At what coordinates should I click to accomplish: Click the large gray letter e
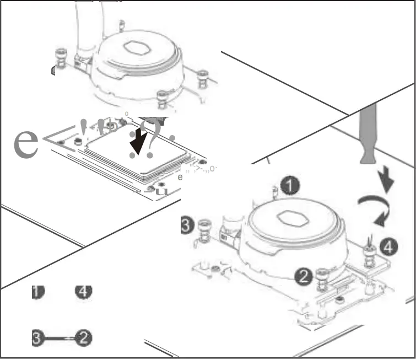click(26, 142)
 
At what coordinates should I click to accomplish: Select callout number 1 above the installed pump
click(289, 186)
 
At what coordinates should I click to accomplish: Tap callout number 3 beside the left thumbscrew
click(187, 225)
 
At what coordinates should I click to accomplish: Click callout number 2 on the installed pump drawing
click(303, 275)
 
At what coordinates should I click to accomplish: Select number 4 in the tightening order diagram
click(83, 291)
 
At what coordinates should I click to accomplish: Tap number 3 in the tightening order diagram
click(37, 338)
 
